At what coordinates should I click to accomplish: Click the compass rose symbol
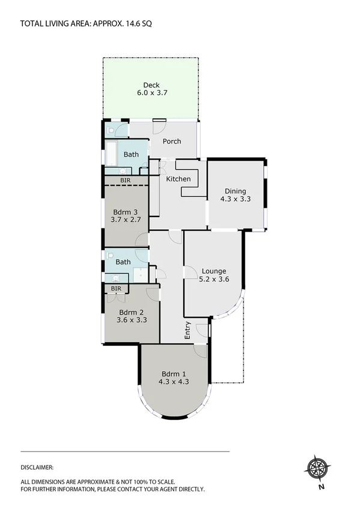(x=319, y=467)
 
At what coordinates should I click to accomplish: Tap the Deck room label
(x=151, y=85)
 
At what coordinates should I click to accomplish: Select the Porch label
(x=172, y=141)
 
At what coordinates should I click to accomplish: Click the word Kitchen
(x=178, y=179)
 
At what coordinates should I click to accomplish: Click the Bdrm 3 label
(x=126, y=212)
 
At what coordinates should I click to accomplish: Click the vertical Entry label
(x=188, y=331)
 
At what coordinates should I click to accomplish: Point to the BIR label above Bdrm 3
(x=126, y=180)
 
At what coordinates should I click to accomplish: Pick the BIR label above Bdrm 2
(x=117, y=289)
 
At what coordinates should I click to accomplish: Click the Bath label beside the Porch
(x=131, y=155)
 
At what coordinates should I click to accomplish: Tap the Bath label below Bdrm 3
(x=123, y=262)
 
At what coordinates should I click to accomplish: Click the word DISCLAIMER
(x=37, y=467)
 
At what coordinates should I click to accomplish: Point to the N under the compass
(x=322, y=487)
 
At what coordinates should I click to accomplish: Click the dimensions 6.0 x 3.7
(x=151, y=93)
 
